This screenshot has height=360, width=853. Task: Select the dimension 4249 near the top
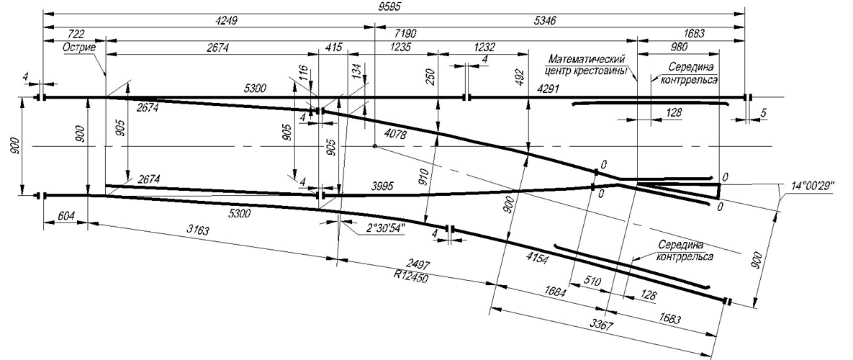coord(226,21)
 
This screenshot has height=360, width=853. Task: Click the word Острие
coord(79,48)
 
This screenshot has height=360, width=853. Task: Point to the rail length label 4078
coord(394,132)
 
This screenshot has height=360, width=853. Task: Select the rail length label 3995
coord(382,186)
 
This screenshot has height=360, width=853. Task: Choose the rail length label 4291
coord(548,88)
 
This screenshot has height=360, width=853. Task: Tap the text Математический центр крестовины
coord(587,64)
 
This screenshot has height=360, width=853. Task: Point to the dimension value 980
coord(680,48)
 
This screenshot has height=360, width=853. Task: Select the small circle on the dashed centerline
coord(375,145)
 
